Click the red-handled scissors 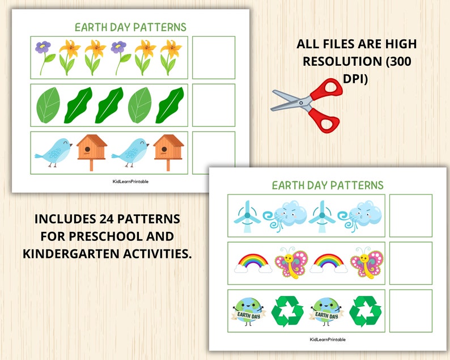point(306,104)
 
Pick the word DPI point(356,79)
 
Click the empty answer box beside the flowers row point(214,57)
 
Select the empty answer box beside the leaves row point(214,105)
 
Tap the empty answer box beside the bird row point(214,153)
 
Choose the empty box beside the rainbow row point(410,263)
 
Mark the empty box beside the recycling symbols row point(410,311)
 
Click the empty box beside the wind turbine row point(410,215)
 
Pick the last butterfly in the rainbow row point(366,263)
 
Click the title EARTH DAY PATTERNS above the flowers point(130,27)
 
